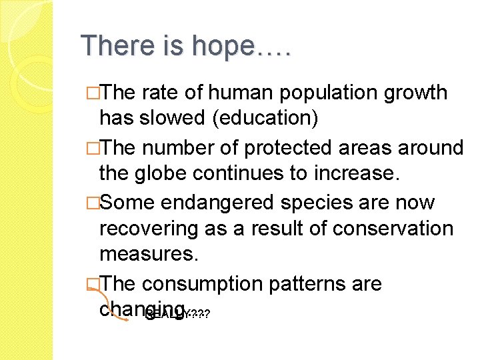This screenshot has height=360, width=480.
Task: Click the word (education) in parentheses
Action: coord(265,118)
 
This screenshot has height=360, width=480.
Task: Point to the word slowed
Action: coord(173,118)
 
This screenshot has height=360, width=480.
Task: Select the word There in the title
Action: coord(111,47)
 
